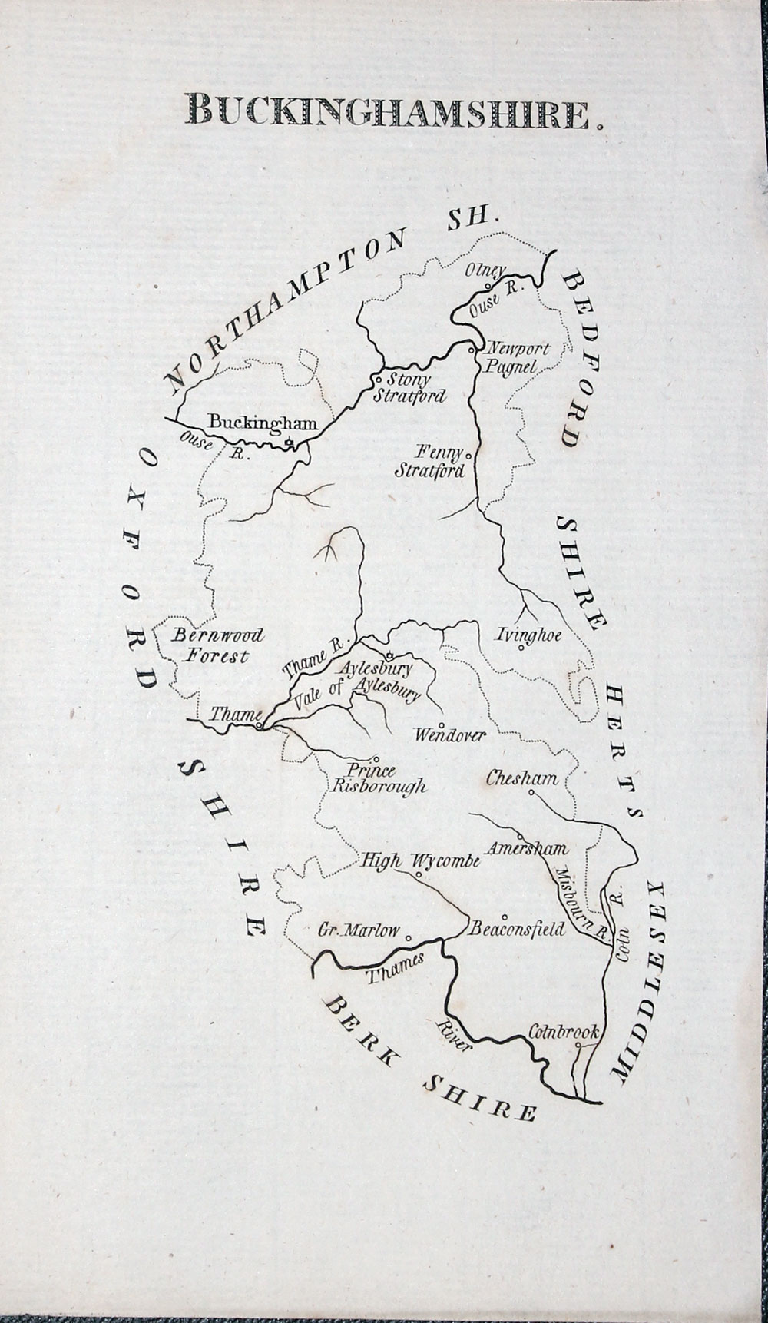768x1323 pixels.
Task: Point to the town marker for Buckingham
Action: (287, 443)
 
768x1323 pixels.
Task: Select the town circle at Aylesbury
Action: (389, 655)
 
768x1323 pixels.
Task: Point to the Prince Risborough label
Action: (378, 779)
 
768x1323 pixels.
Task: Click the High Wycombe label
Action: (420, 861)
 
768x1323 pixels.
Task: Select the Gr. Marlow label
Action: (359, 931)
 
